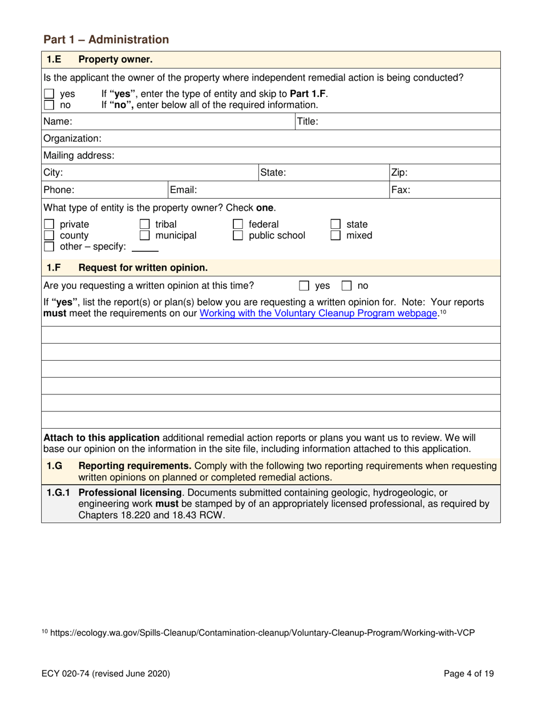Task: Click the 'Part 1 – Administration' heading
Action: pos(106,39)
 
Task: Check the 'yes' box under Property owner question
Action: pos(49,95)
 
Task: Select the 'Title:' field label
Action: pos(308,121)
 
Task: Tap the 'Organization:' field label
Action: pos(72,138)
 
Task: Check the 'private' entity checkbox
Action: pos(49,224)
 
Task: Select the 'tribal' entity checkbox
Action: pos(145,224)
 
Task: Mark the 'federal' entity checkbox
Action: pos(240,224)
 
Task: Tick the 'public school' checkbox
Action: pos(240,235)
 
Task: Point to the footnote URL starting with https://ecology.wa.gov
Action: pos(266,632)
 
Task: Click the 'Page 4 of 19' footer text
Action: pos(469,673)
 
